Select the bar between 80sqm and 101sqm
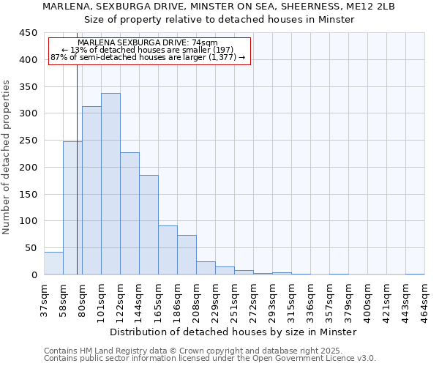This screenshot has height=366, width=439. tap(91, 190)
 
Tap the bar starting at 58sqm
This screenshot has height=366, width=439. tap(72, 208)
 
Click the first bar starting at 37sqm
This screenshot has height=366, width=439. tap(53, 263)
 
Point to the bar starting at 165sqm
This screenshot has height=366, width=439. tap(168, 250)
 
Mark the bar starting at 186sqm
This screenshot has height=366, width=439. tap(187, 255)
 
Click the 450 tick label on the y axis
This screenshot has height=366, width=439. tap(28, 33)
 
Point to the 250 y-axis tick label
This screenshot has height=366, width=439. tap(28, 141)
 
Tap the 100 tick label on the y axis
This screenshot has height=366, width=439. tap(28, 221)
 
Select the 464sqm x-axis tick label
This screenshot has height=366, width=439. tap(424, 299)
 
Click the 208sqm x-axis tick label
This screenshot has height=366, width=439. tap(196, 299)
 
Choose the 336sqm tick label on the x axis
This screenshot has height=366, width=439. tap(310, 299)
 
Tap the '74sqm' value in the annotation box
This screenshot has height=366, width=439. tap(203, 43)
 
